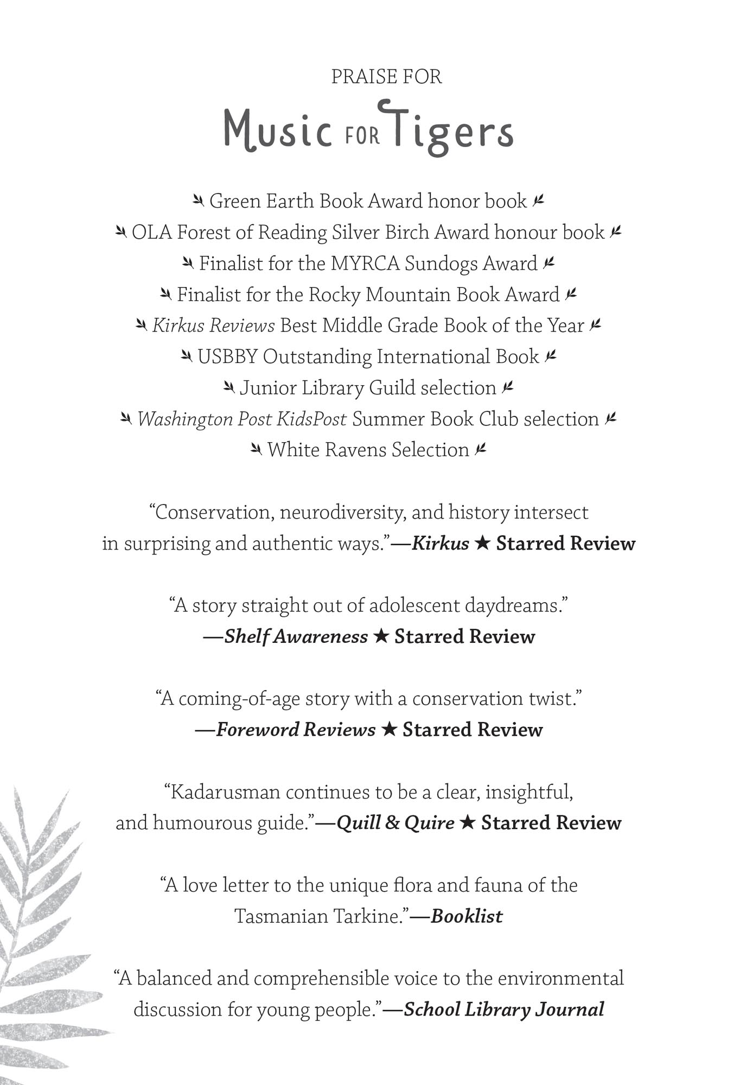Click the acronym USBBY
[x=227, y=357]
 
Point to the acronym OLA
[x=151, y=233]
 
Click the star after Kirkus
[x=482, y=544]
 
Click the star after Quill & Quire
[x=467, y=823]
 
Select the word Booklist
[x=467, y=916]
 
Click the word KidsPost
[x=311, y=419]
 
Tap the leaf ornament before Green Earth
[x=199, y=201]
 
